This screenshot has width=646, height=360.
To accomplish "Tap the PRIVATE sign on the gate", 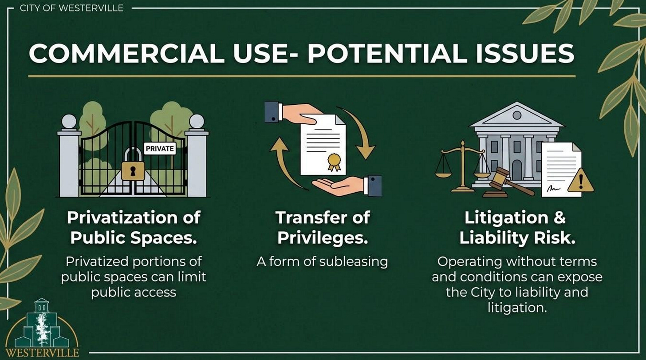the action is pyautogui.click(x=160, y=149).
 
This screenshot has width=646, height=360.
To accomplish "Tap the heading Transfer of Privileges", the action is pyautogui.click(x=323, y=227).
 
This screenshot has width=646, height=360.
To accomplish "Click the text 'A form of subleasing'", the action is pyautogui.click(x=322, y=261).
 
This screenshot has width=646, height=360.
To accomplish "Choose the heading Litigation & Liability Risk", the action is pyautogui.click(x=517, y=227).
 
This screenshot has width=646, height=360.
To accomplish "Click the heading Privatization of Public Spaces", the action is pyautogui.click(x=133, y=227).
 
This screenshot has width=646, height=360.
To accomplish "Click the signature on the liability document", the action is pyautogui.click(x=554, y=188).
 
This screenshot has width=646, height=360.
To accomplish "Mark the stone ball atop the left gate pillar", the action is pyautogui.click(x=69, y=121).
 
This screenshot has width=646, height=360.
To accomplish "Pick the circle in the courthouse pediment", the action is pyautogui.click(x=517, y=115).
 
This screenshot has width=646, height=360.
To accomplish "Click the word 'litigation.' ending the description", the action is pyautogui.click(x=517, y=307).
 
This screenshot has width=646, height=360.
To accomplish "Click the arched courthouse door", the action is pyautogui.click(x=517, y=170).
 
